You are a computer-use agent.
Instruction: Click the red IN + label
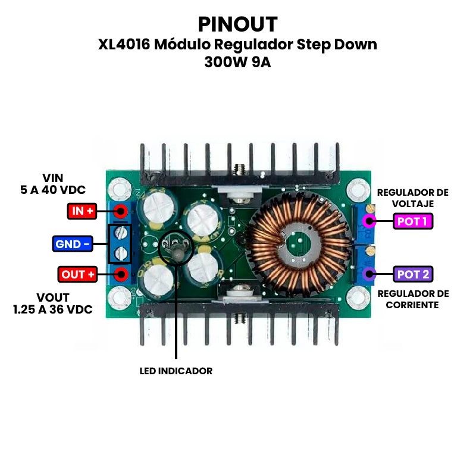click(x=82, y=211)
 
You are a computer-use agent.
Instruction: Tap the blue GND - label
click(x=72, y=243)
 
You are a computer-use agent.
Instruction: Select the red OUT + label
click(x=77, y=274)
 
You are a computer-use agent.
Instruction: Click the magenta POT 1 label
click(x=413, y=222)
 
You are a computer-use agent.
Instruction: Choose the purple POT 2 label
click(x=413, y=274)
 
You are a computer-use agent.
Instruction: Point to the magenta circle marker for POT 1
click(x=369, y=222)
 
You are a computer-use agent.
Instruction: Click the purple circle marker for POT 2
click(x=369, y=274)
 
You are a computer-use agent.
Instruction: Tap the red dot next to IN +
click(x=121, y=211)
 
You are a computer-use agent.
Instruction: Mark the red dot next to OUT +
click(x=121, y=274)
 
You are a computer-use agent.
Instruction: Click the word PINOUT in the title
click(x=237, y=24)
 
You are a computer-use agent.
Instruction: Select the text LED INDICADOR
click(x=176, y=371)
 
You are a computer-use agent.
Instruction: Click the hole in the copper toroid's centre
click(x=296, y=244)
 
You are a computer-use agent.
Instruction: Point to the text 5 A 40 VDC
click(x=53, y=190)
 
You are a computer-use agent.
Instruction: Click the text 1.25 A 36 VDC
click(x=53, y=310)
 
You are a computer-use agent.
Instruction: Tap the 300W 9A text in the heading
click(x=237, y=62)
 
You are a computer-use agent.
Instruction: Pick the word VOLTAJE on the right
click(x=413, y=203)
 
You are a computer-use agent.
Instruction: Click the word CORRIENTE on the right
click(x=413, y=305)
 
